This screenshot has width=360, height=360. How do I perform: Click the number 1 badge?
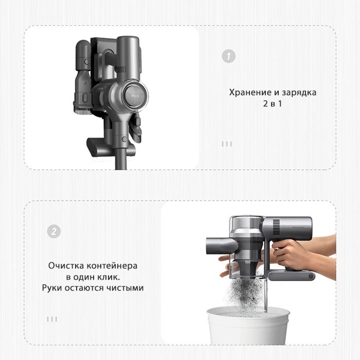click(x=229, y=56)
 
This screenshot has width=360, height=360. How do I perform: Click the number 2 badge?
click(x=54, y=231)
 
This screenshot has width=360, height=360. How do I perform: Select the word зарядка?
click(x=299, y=93)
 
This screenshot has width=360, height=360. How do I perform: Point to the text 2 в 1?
click(x=273, y=103)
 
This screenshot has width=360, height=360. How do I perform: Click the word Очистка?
click(x=66, y=266)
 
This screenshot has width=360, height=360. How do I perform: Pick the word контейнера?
click(x=112, y=266)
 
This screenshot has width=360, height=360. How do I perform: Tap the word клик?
click(x=109, y=277)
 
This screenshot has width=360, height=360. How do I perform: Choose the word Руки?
click(x=52, y=288)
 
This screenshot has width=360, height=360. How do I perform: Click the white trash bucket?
click(x=248, y=326)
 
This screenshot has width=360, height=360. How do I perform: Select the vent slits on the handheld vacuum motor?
click(x=276, y=227)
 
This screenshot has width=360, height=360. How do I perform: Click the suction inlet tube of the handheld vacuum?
click(x=221, y=246)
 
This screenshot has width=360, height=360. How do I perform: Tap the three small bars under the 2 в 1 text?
click(x=227, y=144)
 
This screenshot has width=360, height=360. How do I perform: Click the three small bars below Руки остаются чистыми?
click(x=52, y=319)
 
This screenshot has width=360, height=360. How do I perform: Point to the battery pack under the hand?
click(x=292, y=276)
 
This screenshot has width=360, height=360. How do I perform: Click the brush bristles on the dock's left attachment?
click(x=83, y=111)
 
